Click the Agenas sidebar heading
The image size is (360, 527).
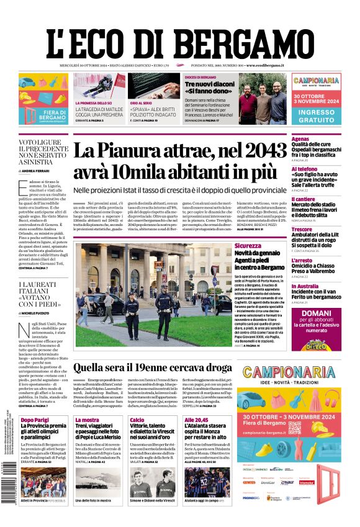tap(300, 139)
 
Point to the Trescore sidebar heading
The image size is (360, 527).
tap(302, 229)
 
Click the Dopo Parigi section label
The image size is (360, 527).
tap(35, 420)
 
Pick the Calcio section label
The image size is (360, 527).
tap(137, 420)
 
